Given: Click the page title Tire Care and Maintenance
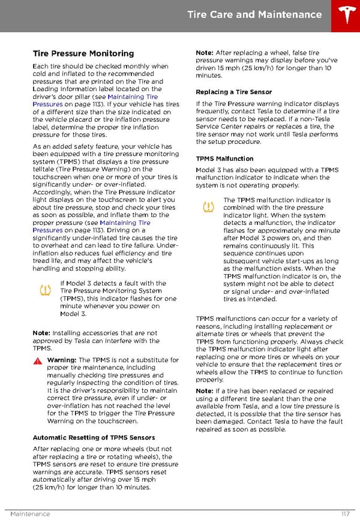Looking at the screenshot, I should pyautogui.click(x=254, y=14).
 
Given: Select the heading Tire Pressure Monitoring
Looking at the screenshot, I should pyautogui.click(x=83, y=53).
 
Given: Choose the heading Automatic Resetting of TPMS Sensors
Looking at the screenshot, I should pyautogui.click(x=94, y=437).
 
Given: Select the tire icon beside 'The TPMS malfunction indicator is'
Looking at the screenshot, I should pyautogui.click(x=208, y=208).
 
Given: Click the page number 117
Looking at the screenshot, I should pyautogui.click(x=344, y=514).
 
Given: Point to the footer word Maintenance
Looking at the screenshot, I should pyautogui.click(x=30, y=514).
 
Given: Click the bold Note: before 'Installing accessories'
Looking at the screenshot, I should pyautogui.click(x=41, y=333).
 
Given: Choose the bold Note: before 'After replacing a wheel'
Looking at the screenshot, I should pyautogui.click(x=205, y=53).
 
